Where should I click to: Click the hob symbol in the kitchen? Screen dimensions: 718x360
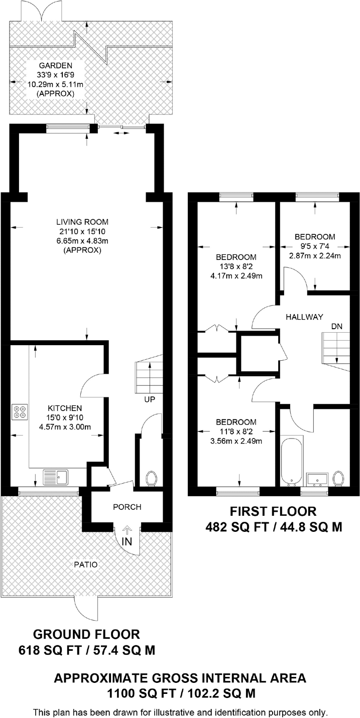pos(21,411)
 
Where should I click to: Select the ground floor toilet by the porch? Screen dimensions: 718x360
pos(151,478)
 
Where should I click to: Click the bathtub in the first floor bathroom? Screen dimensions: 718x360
pos(292,460)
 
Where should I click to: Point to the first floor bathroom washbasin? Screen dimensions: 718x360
pos(317,480)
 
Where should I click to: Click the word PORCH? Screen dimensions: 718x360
pos(127,507)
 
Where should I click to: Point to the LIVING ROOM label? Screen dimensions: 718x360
pos(82,222)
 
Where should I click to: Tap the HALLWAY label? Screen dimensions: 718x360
pos(304,317)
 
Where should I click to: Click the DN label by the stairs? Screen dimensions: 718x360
pos(336,326)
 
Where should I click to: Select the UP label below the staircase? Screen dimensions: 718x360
pos(149,399)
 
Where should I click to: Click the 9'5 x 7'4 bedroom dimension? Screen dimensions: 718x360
pos(314,246)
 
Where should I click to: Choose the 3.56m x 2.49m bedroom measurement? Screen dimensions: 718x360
pos(235,441)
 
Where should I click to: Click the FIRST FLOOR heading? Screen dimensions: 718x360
pos(273,511)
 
